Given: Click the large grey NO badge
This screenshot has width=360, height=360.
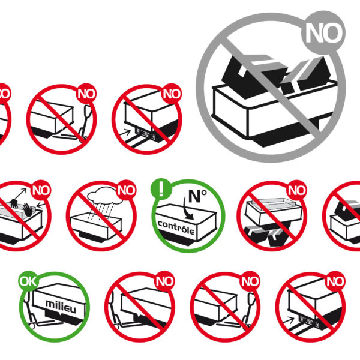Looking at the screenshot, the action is coord(323,32).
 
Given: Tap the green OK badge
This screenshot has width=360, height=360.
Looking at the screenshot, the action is coord(28,281).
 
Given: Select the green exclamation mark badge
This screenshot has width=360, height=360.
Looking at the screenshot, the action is coord(161,189).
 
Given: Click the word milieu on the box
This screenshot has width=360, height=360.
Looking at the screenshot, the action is coord(61,307).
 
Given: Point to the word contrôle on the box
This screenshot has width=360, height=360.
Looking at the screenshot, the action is coord(176,227).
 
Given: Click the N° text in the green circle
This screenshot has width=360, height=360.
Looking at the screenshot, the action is coord(197,196).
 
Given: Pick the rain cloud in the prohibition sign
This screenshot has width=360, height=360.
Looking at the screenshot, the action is coord(104,196).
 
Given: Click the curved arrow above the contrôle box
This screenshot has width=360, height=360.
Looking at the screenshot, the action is coord(188,208).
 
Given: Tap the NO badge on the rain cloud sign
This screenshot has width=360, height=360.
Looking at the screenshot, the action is coord(126,190).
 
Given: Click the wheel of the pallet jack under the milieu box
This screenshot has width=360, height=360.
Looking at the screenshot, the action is coord(31,326).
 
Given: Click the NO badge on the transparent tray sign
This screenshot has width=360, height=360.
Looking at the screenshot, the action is coord(297,190).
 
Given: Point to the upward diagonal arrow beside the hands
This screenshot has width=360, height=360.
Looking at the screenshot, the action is coord(20,194).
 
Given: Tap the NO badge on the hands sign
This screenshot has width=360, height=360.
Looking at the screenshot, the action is coord(41,190).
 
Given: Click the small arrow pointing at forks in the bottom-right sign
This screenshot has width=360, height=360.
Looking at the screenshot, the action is coord(289,320).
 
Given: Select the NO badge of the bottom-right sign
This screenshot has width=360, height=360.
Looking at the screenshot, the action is coord(335,281).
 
